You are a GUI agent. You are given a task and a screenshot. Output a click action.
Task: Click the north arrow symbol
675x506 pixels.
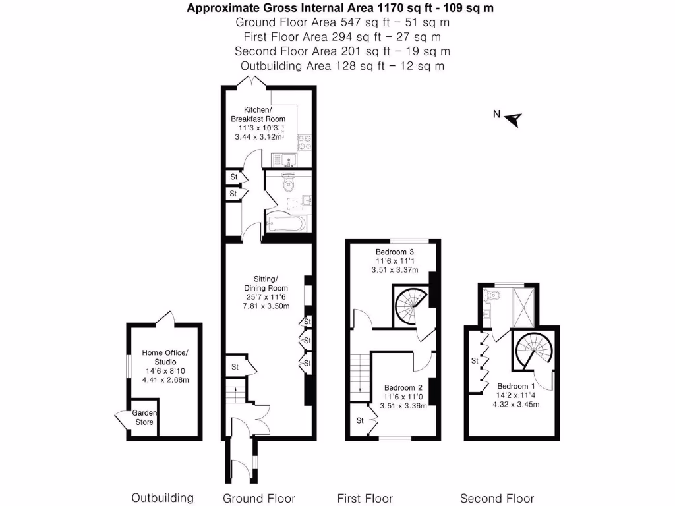point(514,119)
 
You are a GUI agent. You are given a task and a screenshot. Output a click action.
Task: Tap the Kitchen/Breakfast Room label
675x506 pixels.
point(257,114)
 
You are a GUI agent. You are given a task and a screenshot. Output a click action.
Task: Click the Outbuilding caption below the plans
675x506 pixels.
point(163,498)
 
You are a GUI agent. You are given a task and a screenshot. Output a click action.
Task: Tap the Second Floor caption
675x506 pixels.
point(497,498)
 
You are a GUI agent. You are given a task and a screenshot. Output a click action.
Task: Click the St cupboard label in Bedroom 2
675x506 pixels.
point(361,420)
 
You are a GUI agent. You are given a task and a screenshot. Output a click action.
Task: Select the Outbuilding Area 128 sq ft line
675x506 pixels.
point(342,66)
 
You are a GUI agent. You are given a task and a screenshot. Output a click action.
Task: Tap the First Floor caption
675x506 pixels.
point(365,498)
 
